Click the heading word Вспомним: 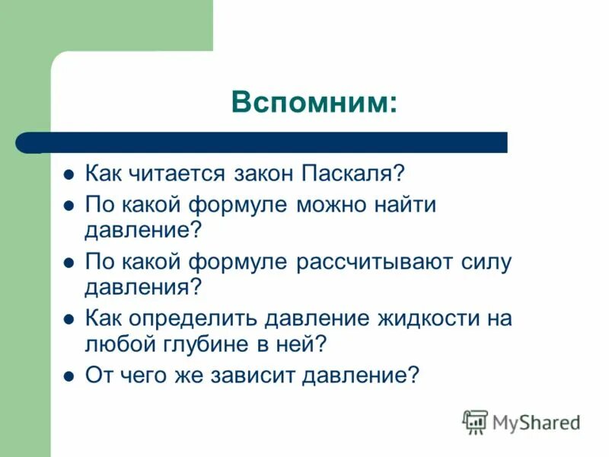pyautogui.click(x=314, y=102)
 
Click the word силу pyautogui.click(x=484, y=262)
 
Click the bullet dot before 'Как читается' pyautogui.click(x=68, y=174)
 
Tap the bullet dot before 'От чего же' pyautogui.click(x=68, y=376)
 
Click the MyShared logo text pyautogui.click(x=536, y=421)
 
